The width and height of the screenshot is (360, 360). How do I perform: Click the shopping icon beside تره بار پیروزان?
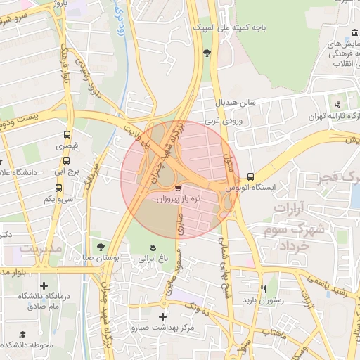(178, 188)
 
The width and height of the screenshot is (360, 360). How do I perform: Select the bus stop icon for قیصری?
(67, 134)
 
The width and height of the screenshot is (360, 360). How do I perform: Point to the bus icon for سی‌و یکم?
(59, 188)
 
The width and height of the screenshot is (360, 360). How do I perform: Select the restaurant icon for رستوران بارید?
(263, 288)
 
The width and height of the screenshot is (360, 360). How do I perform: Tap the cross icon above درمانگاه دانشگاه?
(44, 285)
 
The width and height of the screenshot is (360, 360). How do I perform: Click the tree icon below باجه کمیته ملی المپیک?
(206, 53)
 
